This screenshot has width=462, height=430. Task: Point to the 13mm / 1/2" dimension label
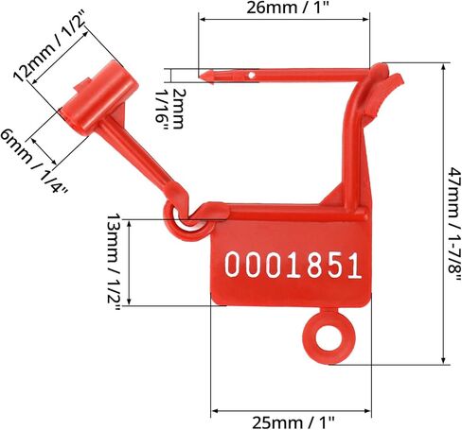(113, 261)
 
